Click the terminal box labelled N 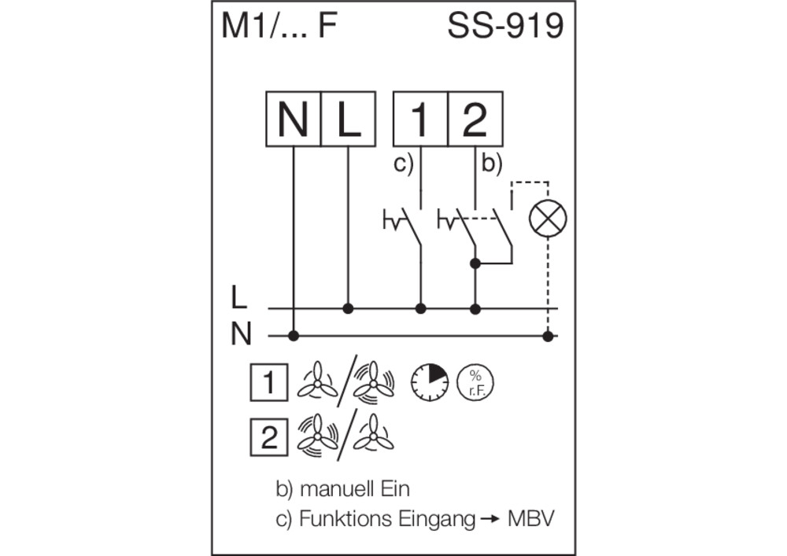click(x=293, y=119)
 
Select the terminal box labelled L click(x=349, y=119)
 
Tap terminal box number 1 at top click(x=420, y=119)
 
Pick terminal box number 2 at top click(x=475, y=119)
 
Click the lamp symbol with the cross click(x=548, y=219)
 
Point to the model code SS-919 click(x=505, y=26)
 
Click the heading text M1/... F click(x=279, y=26)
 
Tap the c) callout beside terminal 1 click(x=404, y=164)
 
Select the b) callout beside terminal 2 click(x=491, y=164)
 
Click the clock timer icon click(x=430, y=382)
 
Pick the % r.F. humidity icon click(x=475, y=382)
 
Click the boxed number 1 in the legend click(x=269, y=382)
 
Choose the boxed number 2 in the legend click(x=269, y=437)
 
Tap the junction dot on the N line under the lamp click(x=548, y=336)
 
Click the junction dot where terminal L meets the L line click(x=348, y=308)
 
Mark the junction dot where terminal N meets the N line click(x=294, y=336)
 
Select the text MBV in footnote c click(x=531, y=518)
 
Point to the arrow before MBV click(x=490, y=519)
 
